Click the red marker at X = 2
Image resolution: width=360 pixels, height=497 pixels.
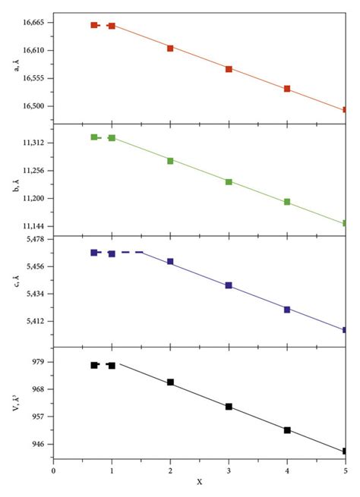[x=170, y=48]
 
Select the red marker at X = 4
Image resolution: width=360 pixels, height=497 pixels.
[x=287, y=89]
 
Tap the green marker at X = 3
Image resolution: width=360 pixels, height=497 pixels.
[x=229, y=181]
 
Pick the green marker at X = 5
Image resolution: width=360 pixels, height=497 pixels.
[x=346, y=223]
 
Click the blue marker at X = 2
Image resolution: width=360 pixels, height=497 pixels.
[x=170, y=262]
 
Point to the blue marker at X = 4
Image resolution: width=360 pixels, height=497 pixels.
[x=287, y=309]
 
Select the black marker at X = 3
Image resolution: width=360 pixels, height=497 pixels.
[x=229, y=407]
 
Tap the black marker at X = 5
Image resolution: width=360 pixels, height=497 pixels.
[x=346, y=451]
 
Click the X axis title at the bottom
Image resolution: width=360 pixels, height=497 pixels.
[x=200, y=483]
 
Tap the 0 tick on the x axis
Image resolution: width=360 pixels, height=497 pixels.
[x=53, y=470]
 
